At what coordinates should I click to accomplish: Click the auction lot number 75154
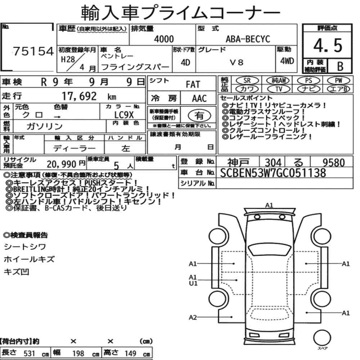(33, 51)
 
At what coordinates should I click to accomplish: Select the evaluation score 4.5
(328, 45)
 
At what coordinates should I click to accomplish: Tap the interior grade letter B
(340, 66)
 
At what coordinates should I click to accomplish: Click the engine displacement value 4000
(164, 39)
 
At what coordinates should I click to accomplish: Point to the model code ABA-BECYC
(248, 39)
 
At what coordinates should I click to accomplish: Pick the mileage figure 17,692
(79, 96)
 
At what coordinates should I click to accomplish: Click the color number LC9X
(124, 115)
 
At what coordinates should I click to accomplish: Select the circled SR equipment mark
(247, 81)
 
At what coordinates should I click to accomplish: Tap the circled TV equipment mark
(279, 89)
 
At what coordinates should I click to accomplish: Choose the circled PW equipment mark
(339, 80)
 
